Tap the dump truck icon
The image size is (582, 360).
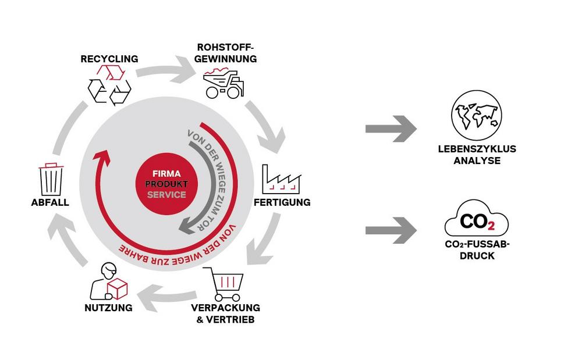pos(223,83)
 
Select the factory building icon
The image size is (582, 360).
pos(282,179)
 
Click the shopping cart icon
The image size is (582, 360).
pos(226,283)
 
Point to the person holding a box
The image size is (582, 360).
pos(111,281)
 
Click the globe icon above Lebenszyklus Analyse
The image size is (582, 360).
pos(477,115)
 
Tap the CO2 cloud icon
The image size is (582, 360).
pos(477,222)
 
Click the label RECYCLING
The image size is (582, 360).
pos(109,59)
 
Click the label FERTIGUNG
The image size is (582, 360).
pos(282,203)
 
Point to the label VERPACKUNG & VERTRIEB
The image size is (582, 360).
pos(226,313)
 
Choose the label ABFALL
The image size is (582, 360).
pos(51,202)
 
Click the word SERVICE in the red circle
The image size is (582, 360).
pos(166,195)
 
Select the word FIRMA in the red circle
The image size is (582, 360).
pos(166,174)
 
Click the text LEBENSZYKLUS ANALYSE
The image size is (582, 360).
pos(477,154)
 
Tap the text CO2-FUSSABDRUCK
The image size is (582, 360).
pos(477,250)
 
